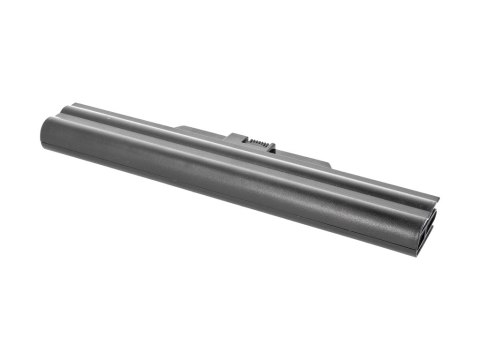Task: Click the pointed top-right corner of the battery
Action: tap(437, 199)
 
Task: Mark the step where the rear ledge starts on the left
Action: tap(181, 127)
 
